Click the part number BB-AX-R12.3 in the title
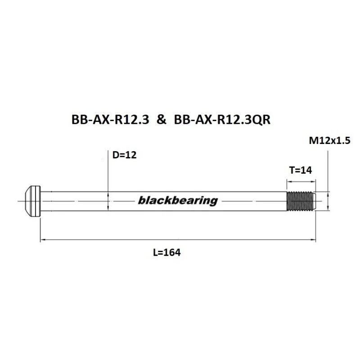(110, 120)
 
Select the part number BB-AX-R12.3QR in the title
(222, 120)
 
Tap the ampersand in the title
(162, 120)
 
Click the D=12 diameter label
(125, 155)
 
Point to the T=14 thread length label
(301, 171)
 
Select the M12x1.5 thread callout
(330, 140)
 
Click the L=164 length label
(167, 252)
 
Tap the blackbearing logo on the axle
(178, 201)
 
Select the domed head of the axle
(32, 201)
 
